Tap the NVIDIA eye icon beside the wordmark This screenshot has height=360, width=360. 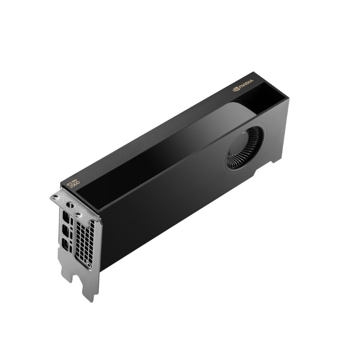tap(236, 89)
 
